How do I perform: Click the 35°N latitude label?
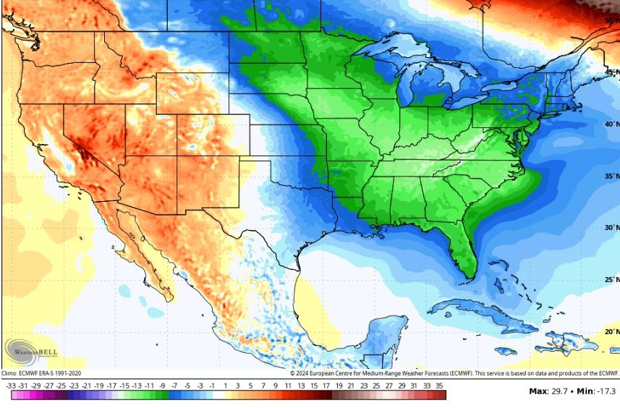[611, 176]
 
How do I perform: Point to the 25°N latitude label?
[611, 280]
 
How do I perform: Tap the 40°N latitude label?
[611, 124]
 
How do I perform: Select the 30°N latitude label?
[611, 228]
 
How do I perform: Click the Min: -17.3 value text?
[600, 391]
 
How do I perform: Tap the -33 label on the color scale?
[12, 386]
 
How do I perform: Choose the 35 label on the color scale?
[439, 386]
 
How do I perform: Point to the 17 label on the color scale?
[327, 386]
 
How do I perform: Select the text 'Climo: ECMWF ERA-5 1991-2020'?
[41, 373]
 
